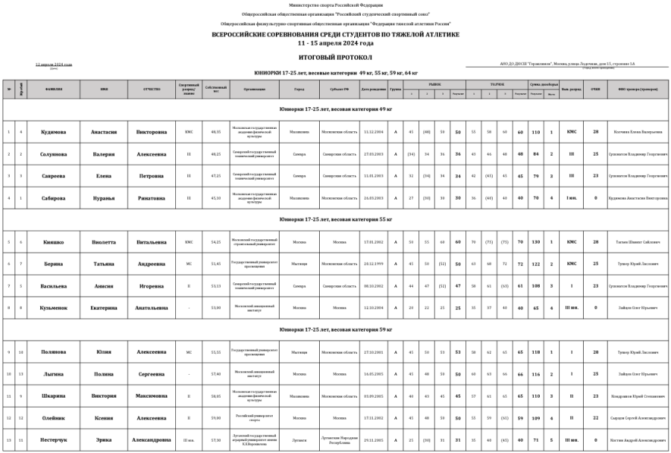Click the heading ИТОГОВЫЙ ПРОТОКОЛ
pyautogui.click(x=335, y=57)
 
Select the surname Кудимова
pyautogui.click(x=54, y=132)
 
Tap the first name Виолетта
pyautogui.click(x=104, y=242)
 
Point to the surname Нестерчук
pyautogui.click(x=54, y=440)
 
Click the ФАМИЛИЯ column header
pyautogui.click(x=54, y=89)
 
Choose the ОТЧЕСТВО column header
pyautogui.click(x=151, y=89)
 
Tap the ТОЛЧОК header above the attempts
pyautogui.click(x=497, y=84)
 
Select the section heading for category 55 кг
pyautogui.click(x=335, y=220)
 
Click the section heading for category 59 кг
pyautogui.click(x=335, y=329)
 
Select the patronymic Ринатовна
pyautogui.click(x=151, y=198)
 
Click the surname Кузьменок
pyautogui.click(x=54, y=308)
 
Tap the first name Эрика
pyautogui.click(x=104, y=440)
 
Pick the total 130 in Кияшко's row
pyautogui.click(x=535, y=242)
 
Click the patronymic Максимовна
pyautogui.click(x=151, y=396)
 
